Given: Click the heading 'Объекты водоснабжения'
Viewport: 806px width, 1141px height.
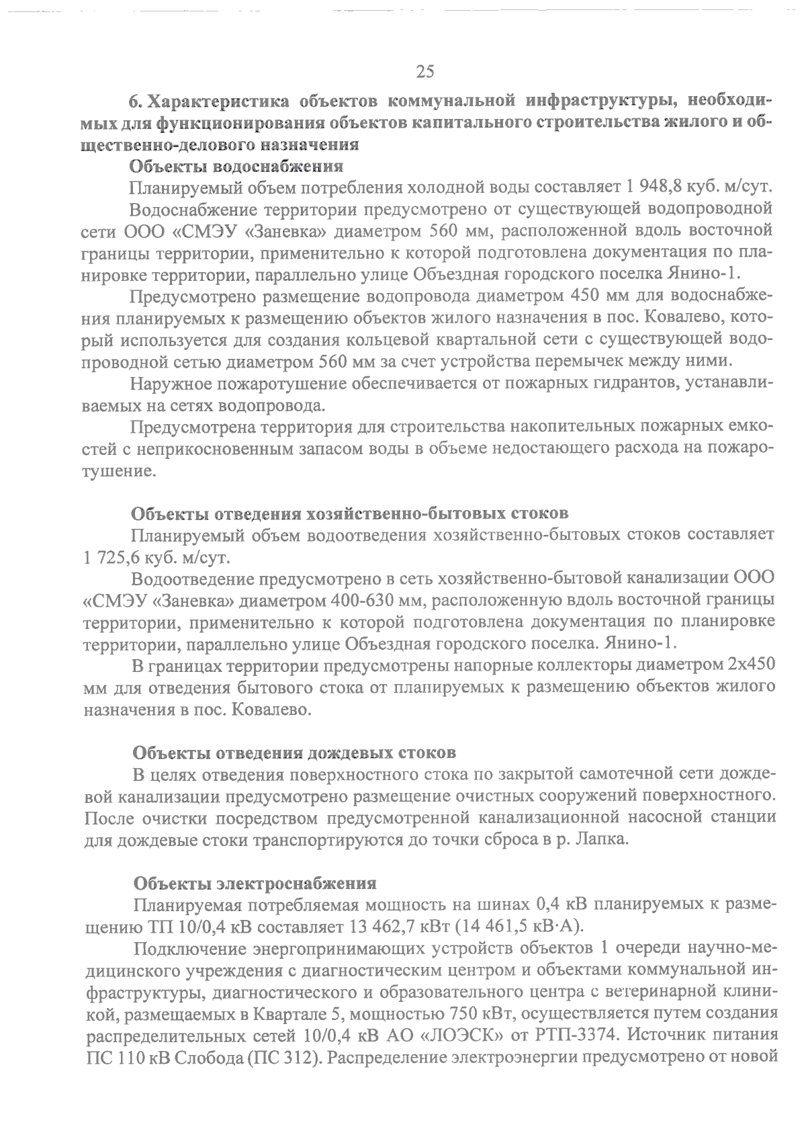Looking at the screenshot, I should pos(236,166).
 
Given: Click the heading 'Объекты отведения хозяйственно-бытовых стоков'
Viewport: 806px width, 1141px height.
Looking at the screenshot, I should pos(349,514).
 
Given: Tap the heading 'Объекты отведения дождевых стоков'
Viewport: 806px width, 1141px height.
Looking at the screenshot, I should pos(295,752).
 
